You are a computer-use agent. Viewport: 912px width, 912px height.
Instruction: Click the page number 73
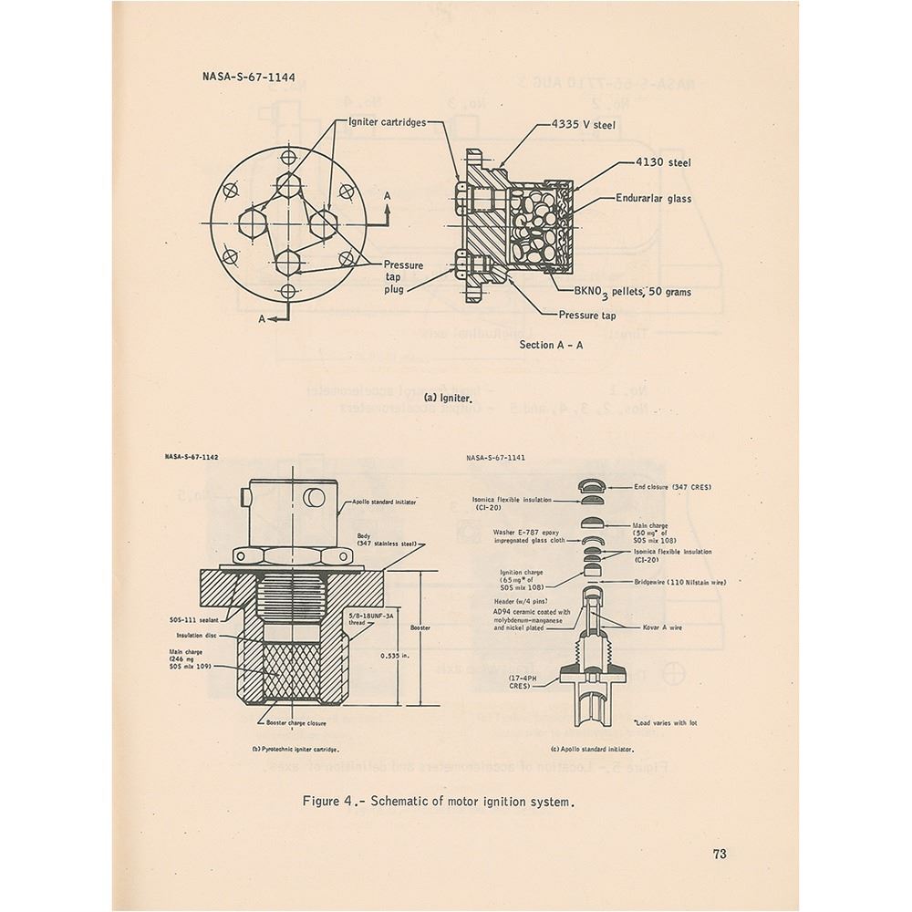[x=720, y=854]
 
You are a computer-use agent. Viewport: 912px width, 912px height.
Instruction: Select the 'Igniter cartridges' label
[x=386, y=123]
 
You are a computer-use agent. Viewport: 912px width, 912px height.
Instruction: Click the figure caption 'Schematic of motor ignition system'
[x=441, y=803]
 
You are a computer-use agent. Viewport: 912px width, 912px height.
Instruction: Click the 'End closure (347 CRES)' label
[x=673, y=488]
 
